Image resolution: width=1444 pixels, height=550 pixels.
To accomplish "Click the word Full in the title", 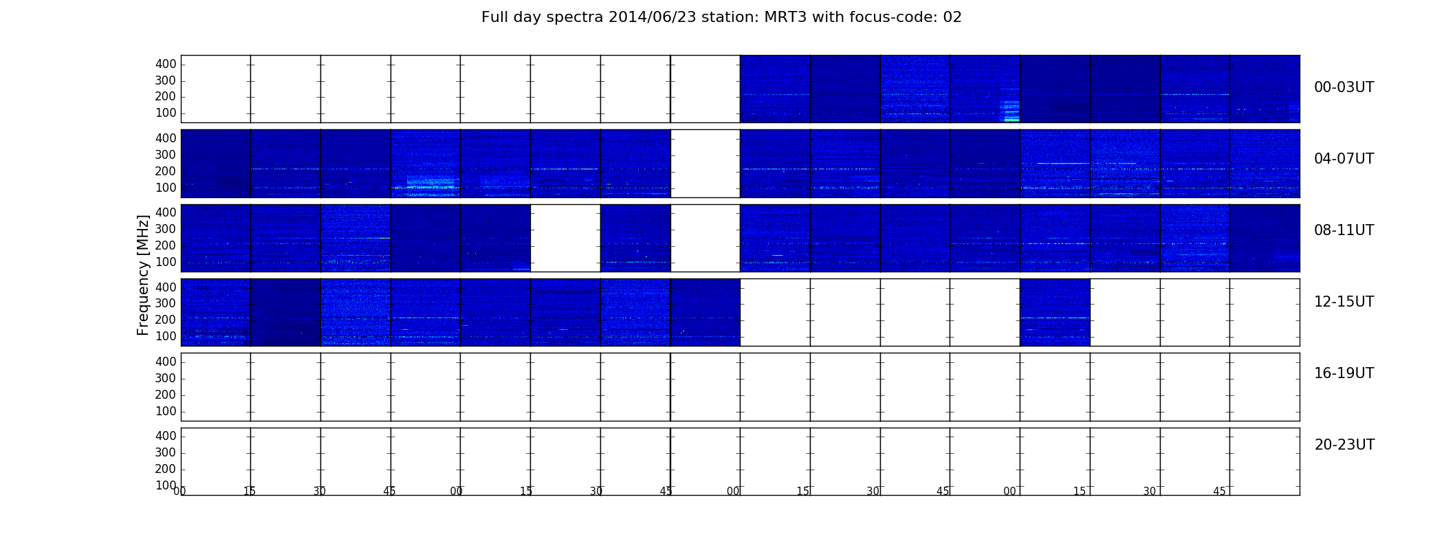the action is [493, 17].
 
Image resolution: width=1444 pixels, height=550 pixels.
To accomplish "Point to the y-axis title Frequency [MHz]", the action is [143, 275].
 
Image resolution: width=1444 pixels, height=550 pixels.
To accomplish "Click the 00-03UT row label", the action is [1344, 87].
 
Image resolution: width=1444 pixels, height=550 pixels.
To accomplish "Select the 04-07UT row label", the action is [1344, 159].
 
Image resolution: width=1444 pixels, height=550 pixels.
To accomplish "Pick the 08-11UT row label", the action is [1344, 230].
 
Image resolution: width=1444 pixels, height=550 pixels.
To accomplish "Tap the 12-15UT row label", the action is [1344, 302].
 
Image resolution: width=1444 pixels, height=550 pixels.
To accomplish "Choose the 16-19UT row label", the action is [1344, 373].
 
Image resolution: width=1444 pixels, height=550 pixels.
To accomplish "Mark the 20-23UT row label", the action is [1344, 445].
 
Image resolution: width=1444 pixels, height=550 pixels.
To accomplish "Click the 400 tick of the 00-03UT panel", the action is [166, 64].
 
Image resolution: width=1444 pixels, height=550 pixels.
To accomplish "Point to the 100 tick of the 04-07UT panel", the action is [166, 188].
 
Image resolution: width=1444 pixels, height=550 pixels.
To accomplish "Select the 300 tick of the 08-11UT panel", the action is [166, 229].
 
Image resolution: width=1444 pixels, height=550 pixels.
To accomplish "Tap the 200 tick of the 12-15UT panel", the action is [166, 320].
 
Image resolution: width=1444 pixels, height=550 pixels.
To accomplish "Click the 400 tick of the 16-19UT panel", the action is [166, 362].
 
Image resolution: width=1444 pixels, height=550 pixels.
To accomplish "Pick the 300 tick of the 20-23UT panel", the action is [166, 452].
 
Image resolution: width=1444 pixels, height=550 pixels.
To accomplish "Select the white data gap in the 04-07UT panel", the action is [705, 164].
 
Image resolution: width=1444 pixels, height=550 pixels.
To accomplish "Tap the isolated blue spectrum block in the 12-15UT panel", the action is [1055, 312].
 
